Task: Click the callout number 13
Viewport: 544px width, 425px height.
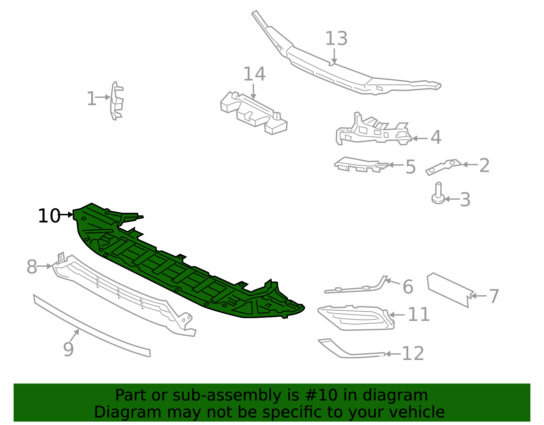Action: coord(336,38)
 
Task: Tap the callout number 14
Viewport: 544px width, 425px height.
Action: coord(254,74)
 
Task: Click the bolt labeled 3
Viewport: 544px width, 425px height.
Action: coord(438,194)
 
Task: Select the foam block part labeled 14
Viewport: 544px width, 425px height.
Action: coord(253,113)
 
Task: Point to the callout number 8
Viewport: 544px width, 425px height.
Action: coord(32,267)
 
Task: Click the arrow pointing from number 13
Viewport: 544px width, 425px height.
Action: coord(334,56)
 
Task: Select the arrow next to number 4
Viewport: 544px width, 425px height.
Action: coord(420,138)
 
